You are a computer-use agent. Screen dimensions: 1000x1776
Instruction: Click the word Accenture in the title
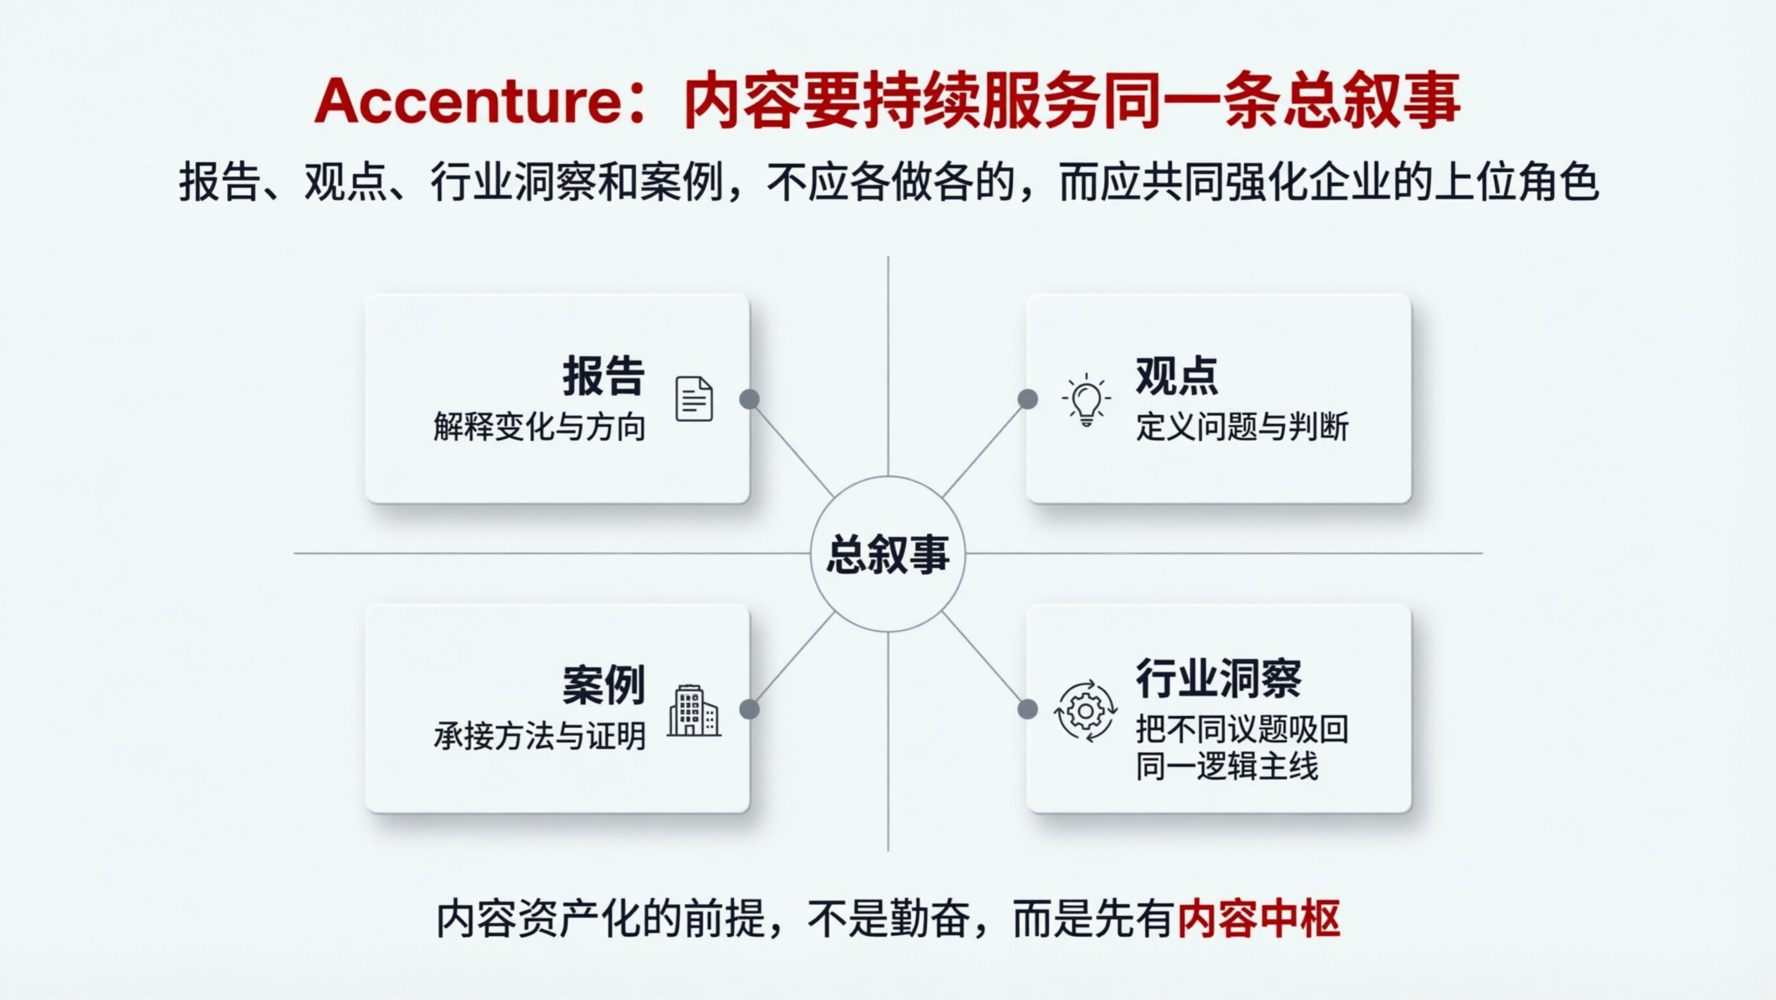point(468,101)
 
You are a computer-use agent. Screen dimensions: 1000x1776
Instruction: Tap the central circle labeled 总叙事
point(888,554)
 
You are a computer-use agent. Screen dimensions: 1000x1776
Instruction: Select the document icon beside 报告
point(694,399)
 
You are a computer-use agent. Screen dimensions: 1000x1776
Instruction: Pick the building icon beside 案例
point(694,710)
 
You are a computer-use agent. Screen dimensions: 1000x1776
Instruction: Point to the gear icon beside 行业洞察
point(1086,711)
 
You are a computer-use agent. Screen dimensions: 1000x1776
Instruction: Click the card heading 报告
point(603,376)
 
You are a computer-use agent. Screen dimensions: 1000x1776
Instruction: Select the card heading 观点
point(1176,376)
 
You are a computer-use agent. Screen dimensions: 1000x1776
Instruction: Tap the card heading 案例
point(603,685)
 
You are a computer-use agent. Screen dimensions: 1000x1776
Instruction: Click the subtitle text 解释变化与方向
point(539,427)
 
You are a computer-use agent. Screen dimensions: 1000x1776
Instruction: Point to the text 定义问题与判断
point(1242,427)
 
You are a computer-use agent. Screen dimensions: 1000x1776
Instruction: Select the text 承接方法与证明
point(539,736)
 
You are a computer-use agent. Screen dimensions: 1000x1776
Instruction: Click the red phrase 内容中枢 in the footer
point(1259,919)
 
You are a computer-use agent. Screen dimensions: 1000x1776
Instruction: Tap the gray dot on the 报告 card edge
point(750,399)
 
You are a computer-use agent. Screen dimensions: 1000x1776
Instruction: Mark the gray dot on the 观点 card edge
point(1028,399)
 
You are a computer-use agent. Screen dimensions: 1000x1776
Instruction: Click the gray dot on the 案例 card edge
point(750,709)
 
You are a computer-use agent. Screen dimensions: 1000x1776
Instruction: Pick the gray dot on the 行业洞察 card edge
point(1028,709)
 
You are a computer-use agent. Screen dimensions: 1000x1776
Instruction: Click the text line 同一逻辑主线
point(1227,767)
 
